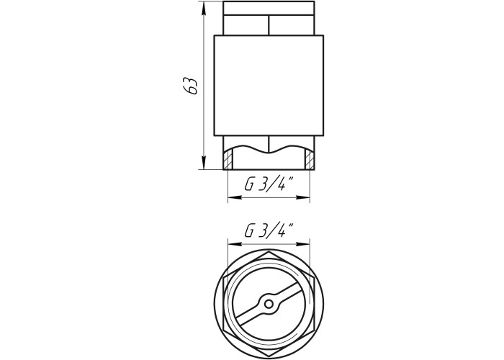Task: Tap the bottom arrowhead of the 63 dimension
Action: pos(204,163)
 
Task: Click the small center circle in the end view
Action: pos(269,303)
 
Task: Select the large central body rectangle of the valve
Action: pos(269,86)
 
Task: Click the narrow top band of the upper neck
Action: pos(269,8)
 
